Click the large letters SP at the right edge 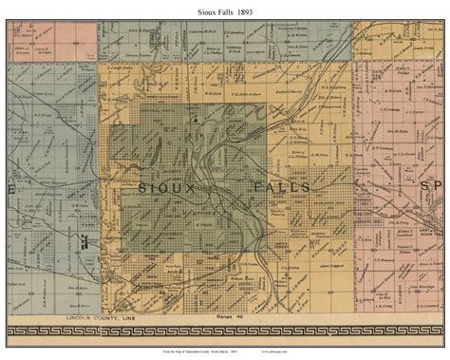tap(432, 188)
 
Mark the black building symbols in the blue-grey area tap(82, 243)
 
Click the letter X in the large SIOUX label tap(194, 188)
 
